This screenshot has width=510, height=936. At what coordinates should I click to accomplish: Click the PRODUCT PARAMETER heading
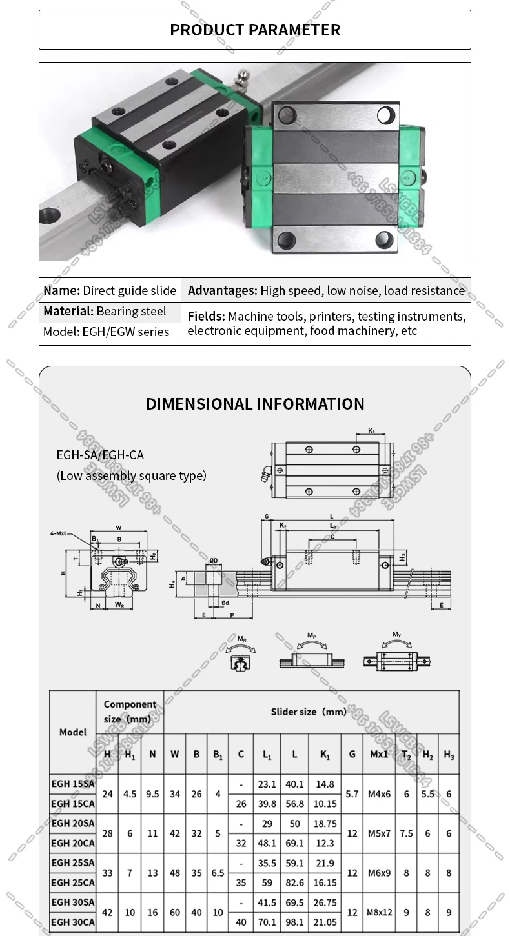click(x=254, y=30)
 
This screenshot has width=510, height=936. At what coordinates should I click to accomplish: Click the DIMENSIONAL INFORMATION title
click(x=255, y=404)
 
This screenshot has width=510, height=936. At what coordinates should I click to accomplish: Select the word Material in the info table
click(x=68, y=312)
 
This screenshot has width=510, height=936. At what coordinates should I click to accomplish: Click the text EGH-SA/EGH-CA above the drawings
click(x=100, y=455)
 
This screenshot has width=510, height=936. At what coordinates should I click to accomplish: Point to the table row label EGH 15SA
click(x=72, y=784)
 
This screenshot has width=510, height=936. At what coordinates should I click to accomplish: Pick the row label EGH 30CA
click(x=72, y=922)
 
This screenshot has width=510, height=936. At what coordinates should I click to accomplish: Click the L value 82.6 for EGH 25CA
click(x=294, y=882)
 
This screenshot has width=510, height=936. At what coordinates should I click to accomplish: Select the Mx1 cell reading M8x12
click(x=380, y=912)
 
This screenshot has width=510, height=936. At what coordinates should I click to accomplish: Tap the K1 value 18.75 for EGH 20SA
click(x=325, y=824)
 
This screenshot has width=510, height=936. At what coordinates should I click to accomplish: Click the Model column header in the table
click(x=72, y=732)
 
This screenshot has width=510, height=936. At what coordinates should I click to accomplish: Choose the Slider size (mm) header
click(x=309, y=712)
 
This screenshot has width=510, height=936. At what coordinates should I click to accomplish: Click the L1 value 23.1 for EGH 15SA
click(x=267, y=784)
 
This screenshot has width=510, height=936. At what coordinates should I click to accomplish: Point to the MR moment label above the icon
click(x=241, y=639)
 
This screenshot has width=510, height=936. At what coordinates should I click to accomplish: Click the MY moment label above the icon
click(x=397, y=635)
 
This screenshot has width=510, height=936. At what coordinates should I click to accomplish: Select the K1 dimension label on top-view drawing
click(x=371, y=430)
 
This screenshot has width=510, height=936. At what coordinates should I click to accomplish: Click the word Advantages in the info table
click(x=222, y=291)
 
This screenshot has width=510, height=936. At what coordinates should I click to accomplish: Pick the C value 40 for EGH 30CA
click(x=241, y=922)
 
